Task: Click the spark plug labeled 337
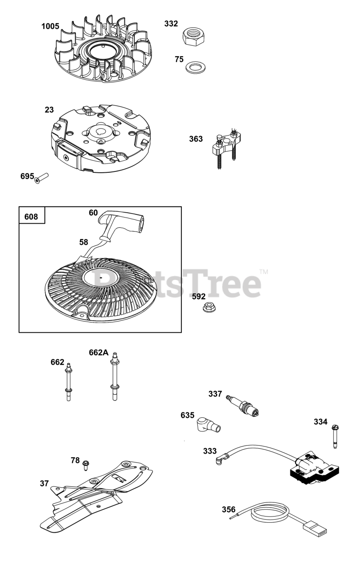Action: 243,405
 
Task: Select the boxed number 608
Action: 31,217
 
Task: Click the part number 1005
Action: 50,27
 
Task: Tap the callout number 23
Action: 49,109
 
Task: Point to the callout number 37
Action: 44,484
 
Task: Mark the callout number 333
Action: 210,451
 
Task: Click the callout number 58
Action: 84,242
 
